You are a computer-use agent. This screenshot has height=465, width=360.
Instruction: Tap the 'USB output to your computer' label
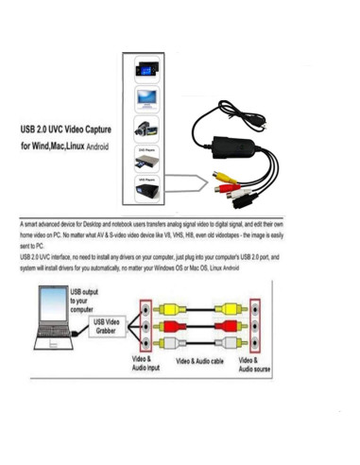coord(84,301)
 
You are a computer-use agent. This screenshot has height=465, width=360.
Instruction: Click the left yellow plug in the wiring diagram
coord(164,308)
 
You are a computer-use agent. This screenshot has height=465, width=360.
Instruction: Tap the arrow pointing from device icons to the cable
coord(189,182)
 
